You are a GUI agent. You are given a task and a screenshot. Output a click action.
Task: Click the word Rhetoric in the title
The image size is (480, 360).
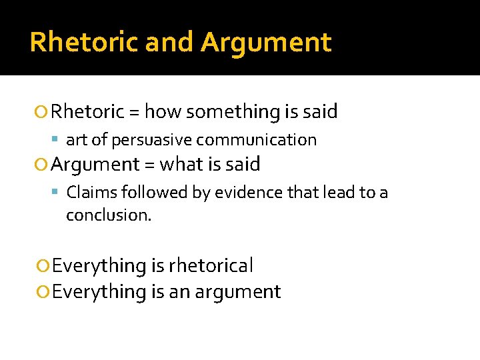coord(83,42)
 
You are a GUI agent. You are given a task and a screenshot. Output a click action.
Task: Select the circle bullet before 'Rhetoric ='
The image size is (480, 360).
coord(44,112)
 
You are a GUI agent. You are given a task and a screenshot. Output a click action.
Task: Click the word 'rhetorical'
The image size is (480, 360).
coord(211,266)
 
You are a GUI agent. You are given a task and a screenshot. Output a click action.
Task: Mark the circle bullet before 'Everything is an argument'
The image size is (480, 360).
coord(44,292)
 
